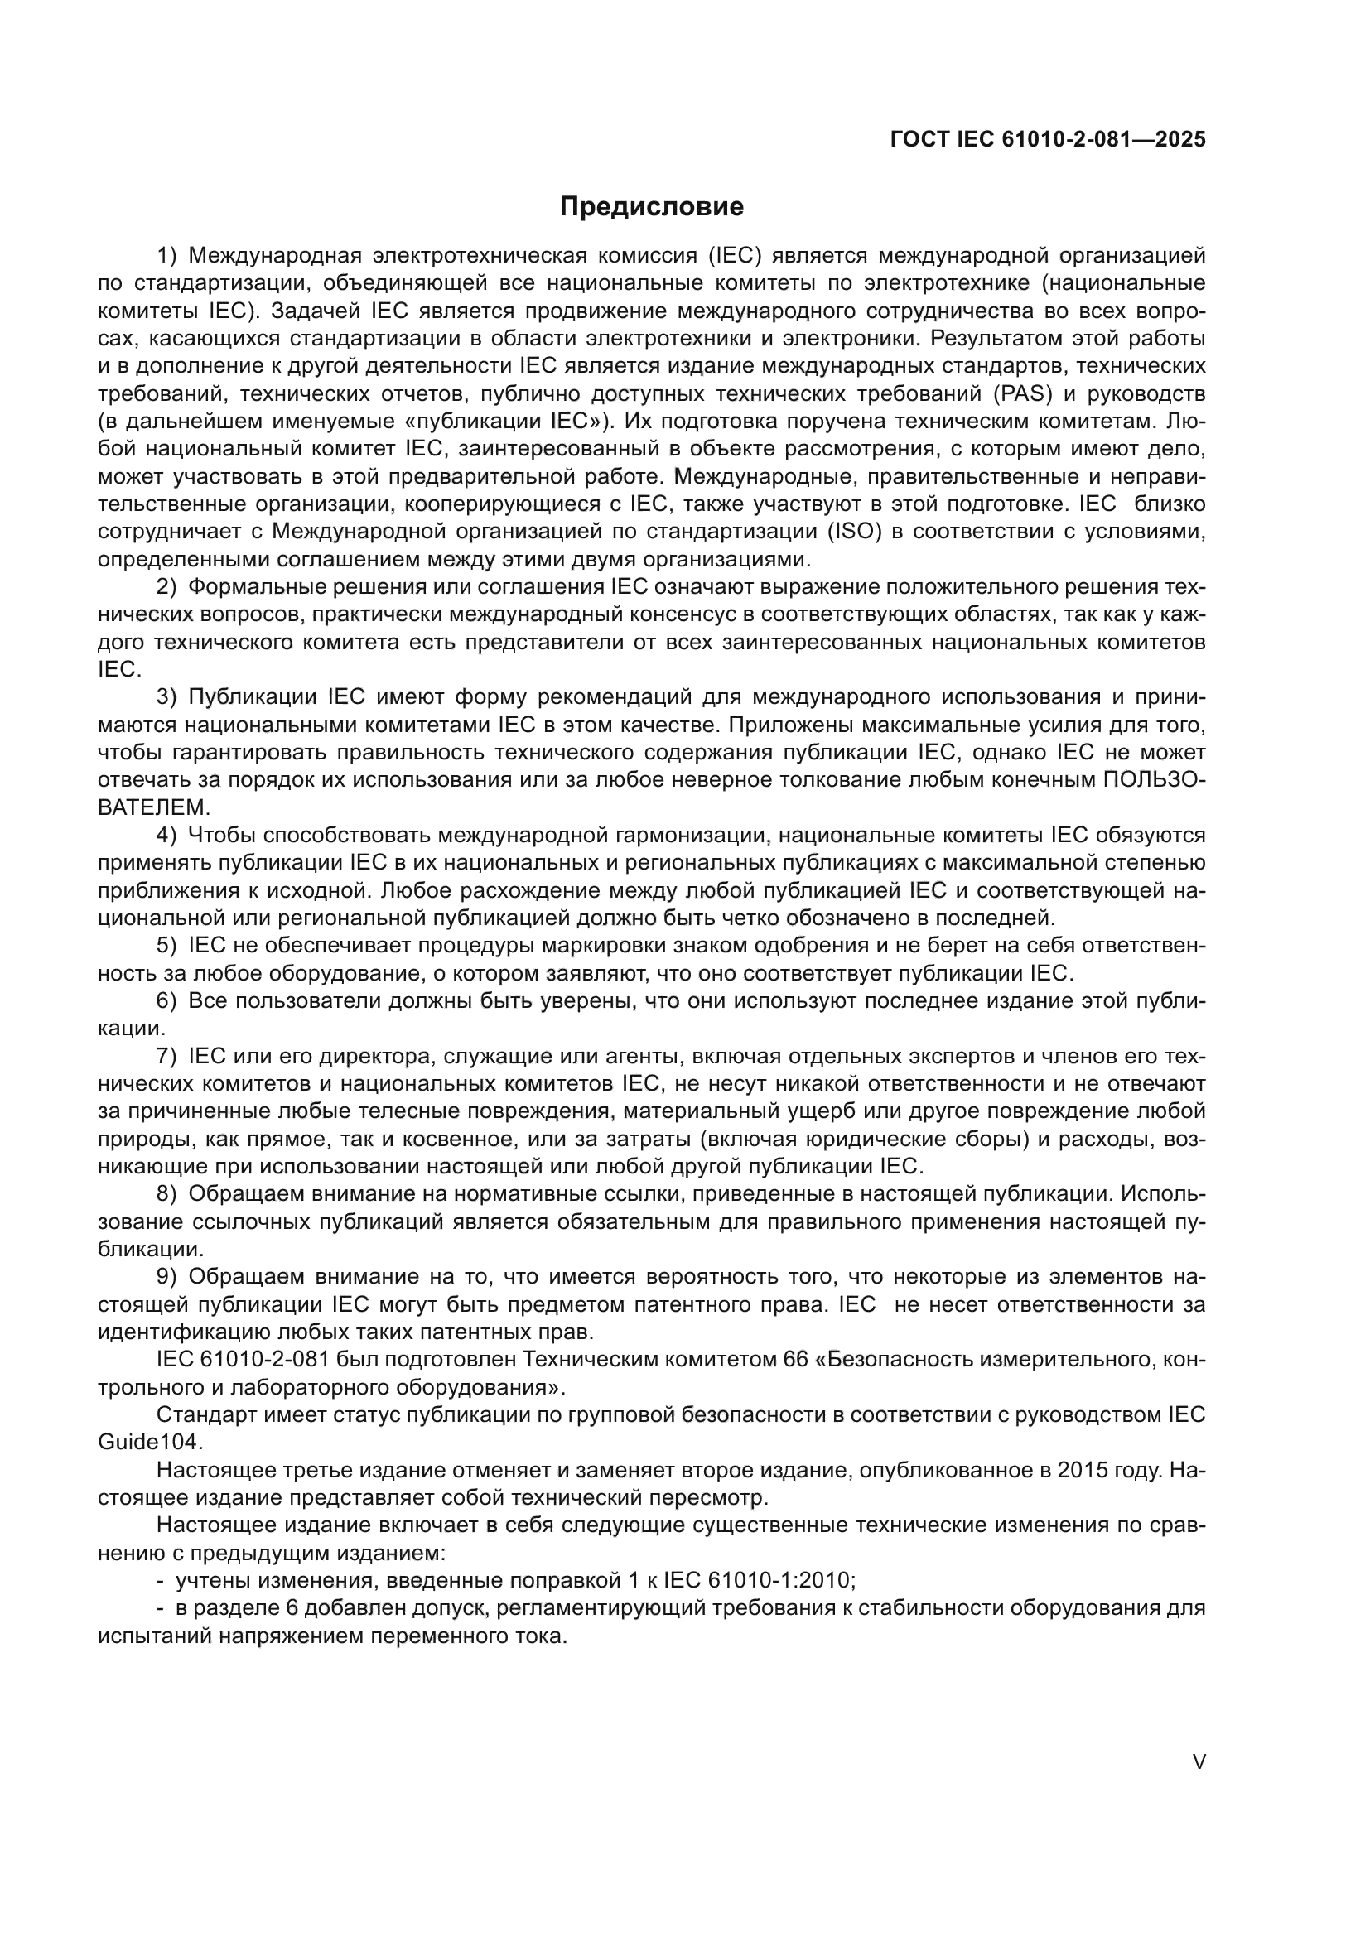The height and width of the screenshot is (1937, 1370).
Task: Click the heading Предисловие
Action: pyautogui.click(x=651, y=207)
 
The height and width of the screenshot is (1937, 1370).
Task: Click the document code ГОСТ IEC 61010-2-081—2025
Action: pyautogui.click(x=1048, y=139)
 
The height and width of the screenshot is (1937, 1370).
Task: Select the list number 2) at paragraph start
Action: pyautogui.click(x=167, y=587)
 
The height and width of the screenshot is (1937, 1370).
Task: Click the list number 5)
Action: pyautogui.click(x=167, y=946)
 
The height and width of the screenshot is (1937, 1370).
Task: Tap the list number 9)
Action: pyautogui.click(x=167, y=1276)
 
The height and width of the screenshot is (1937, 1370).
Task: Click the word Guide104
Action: pyautogui.click(x=151, y=1442)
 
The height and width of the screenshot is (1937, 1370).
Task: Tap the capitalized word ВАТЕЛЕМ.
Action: pyautogui.click(x=153, y=807)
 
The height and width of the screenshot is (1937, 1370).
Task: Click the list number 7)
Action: pyautogui.click(x=167, y=1056)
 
